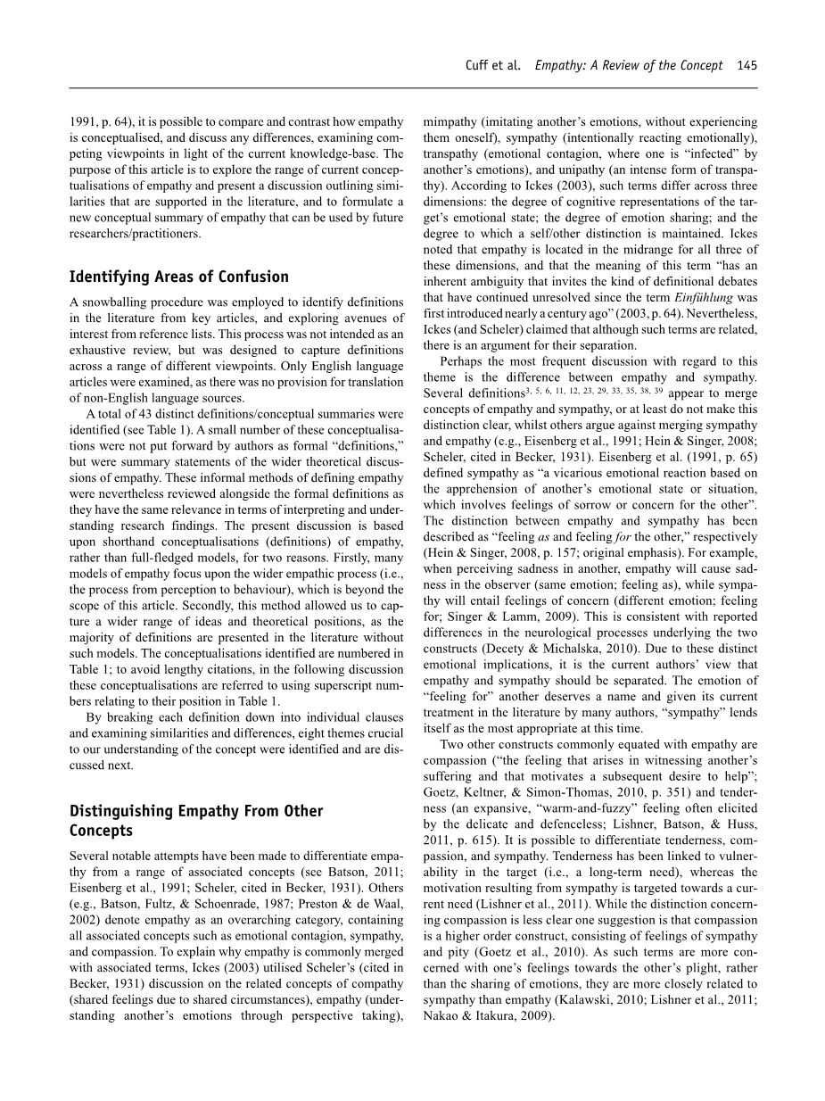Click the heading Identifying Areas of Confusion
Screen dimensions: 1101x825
pos(179,277)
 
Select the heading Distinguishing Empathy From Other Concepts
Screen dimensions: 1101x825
pos(196,821)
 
